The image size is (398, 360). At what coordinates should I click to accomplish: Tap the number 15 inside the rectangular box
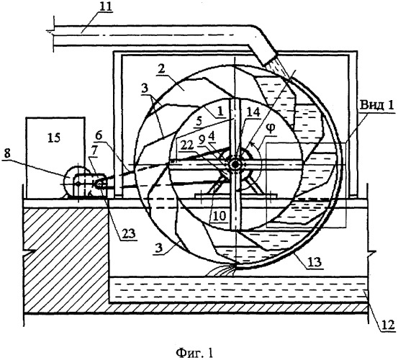pos(54,138)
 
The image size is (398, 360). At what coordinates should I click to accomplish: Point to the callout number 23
pos(128,233)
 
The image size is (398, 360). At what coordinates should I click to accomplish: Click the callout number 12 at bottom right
pos(389,325)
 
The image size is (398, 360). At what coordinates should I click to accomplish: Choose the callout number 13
pos(315,261)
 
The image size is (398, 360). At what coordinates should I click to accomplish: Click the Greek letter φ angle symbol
pos(271,128)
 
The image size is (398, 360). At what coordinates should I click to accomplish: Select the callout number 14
pos(254,112)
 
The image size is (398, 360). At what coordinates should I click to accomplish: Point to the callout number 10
pos(220,216)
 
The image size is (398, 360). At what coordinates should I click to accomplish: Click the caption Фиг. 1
pos(194,353)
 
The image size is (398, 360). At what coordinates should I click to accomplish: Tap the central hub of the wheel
pos(235,164)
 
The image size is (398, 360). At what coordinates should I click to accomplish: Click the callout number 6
pos(99,136)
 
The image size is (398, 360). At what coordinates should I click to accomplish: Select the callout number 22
pos(187,145)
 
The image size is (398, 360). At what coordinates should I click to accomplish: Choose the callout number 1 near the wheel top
pos(220,111)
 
